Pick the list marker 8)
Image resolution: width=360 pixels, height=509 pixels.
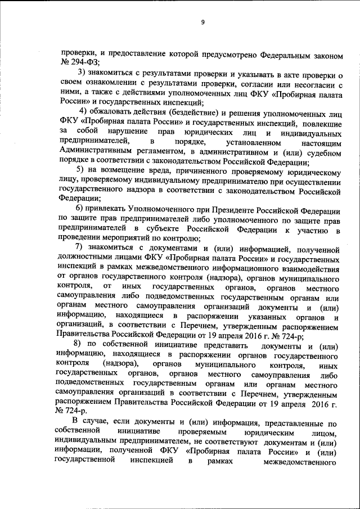[x=79, y=344]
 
